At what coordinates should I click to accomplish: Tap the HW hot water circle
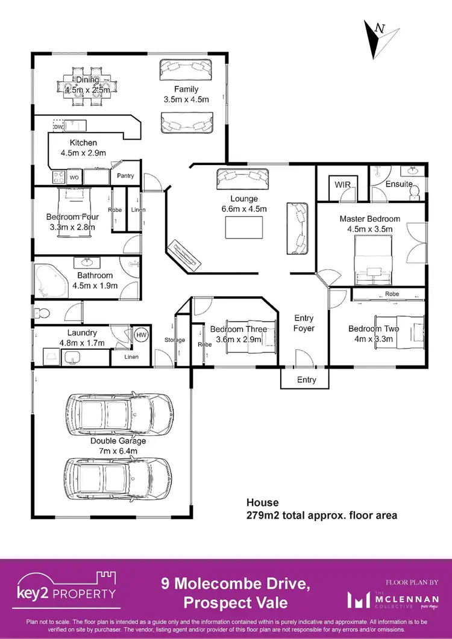142,335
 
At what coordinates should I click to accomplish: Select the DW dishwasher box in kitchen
58,127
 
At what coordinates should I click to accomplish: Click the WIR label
342,184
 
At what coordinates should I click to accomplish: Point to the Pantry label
125,176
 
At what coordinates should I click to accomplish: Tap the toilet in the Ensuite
415,192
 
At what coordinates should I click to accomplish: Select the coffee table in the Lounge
244,228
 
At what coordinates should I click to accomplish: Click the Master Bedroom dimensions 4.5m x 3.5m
369,229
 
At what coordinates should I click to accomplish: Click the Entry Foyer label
304,323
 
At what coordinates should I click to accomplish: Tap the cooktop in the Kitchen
60,178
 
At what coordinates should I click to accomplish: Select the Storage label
175,340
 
